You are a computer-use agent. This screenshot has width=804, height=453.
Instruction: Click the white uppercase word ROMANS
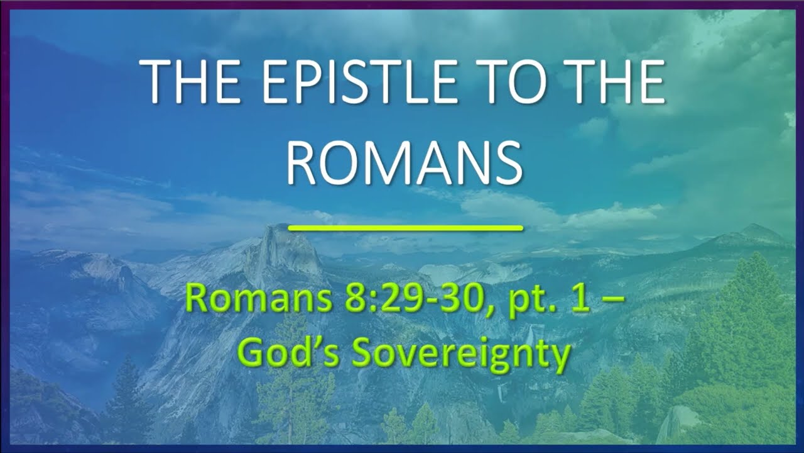coord(405,162)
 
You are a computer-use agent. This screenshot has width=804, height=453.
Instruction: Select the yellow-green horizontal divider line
coord(405,228)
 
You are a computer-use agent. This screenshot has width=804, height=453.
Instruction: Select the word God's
coord(288,354)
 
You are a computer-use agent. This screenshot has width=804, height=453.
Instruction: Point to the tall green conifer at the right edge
coord(754,315)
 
